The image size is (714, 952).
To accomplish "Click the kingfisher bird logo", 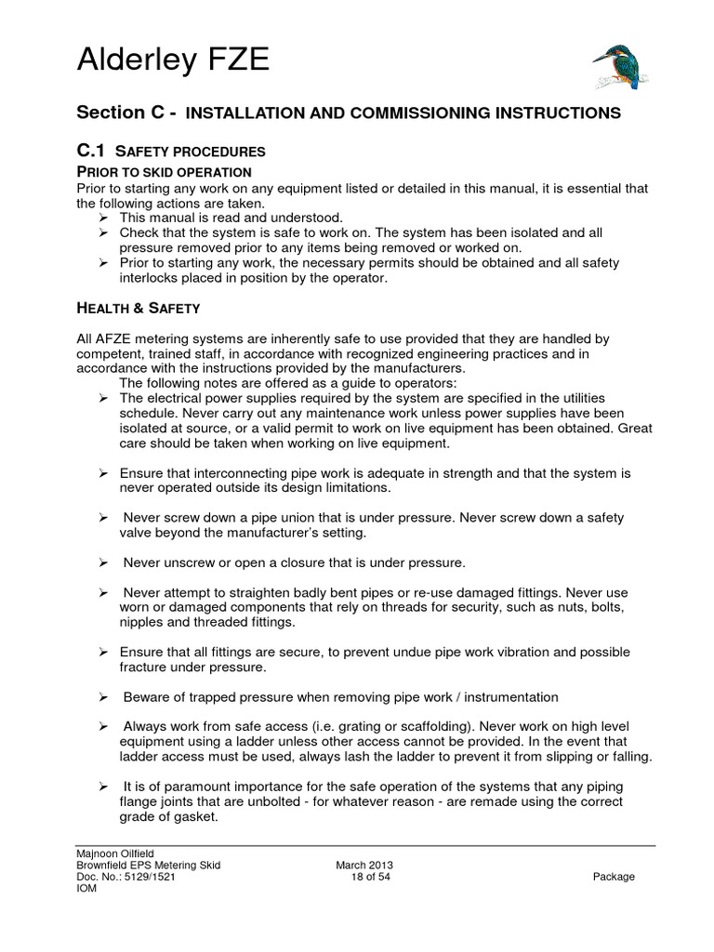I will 621,66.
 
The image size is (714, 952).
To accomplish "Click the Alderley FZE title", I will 172,61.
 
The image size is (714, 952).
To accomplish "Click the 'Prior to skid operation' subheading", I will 164,172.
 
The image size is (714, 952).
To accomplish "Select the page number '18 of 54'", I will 371,877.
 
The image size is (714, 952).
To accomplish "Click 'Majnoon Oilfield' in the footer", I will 115,853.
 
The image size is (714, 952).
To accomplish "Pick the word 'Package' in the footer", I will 613,877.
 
